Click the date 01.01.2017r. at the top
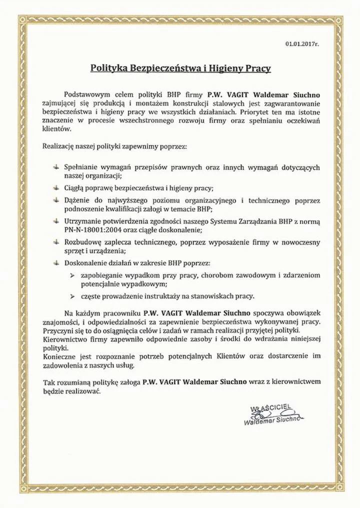[x=302, y=44]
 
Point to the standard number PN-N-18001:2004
[x=95, y=229]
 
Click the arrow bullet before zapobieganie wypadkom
[x=72, y=275]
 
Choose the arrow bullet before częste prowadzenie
[x=72, y=295]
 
